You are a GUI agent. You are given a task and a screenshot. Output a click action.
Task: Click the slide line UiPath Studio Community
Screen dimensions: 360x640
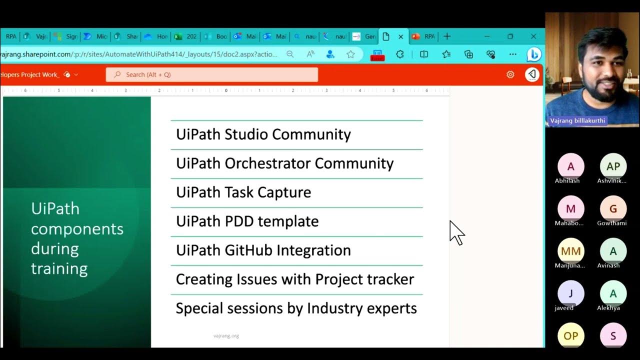click(x=263, y=134)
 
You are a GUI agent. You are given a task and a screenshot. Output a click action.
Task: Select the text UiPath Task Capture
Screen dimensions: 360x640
click(x=243, y=192)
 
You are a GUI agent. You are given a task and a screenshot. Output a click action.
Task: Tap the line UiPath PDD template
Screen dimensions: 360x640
click(x=247, y=221)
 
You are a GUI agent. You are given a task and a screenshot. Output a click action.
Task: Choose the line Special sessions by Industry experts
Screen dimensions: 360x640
click(x=296, y=308)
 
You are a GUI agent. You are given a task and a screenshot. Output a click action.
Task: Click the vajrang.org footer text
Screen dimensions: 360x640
click(x=226, y=336)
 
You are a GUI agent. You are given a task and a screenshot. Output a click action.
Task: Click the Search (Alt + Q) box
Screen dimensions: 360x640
click(x=211, y=74)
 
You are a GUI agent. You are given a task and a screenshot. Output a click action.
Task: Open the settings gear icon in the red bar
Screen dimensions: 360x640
click(x=510, y=74)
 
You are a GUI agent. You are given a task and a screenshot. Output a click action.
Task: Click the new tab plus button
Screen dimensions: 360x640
click(x=447, y=36)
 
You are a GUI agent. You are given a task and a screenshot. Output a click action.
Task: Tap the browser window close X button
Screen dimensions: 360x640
click(x=533, y=36)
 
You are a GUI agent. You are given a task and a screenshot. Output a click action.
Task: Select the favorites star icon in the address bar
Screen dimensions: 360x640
click(x=350, y=54)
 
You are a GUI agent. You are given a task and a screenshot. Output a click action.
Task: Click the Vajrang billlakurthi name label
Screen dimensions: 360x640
click(x=577, y=121)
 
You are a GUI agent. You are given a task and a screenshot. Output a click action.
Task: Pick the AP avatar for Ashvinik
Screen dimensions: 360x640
click(x=613, y=166)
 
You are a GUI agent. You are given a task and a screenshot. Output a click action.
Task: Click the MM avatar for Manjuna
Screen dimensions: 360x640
click(x=570, y=251)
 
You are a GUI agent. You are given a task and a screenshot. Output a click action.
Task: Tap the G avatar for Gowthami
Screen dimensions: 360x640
click(x=613, y=209)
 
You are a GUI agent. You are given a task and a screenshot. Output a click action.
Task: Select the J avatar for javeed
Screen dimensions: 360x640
click(x=570, y=293)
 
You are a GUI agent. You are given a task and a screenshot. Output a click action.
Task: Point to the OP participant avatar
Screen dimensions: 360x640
click(x=570, y=336)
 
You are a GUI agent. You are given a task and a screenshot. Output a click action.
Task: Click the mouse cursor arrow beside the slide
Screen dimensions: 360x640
click(x=456, y=232)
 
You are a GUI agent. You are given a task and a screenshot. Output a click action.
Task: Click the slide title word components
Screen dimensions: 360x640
click(x=77, y=228)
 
